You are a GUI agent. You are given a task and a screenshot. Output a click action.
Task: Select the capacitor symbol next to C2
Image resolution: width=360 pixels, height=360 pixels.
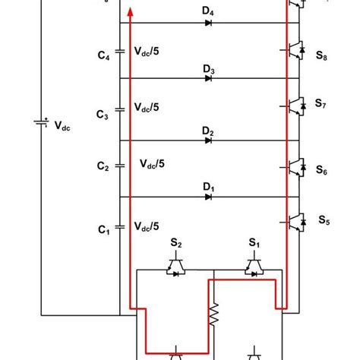[118, 165]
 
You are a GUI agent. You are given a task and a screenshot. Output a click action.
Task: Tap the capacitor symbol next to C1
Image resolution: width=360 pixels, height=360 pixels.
[118, 226]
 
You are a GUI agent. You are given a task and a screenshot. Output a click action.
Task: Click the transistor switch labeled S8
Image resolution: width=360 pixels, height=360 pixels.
[295, 47]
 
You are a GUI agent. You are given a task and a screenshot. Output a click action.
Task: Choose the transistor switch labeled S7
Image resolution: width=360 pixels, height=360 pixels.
[295, 103]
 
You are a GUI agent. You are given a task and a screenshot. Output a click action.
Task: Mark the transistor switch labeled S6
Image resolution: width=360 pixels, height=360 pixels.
[295, 164]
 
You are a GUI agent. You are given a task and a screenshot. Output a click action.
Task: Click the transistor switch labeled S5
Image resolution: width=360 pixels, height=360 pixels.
[295, 220]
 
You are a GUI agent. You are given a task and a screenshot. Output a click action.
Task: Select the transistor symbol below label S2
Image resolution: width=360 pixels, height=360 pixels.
[176, 266]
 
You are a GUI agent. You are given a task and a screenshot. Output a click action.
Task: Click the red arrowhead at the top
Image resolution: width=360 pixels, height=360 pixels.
[131, 11]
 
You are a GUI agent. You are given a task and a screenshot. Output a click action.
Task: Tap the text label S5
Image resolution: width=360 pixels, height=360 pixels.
[324, 221]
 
